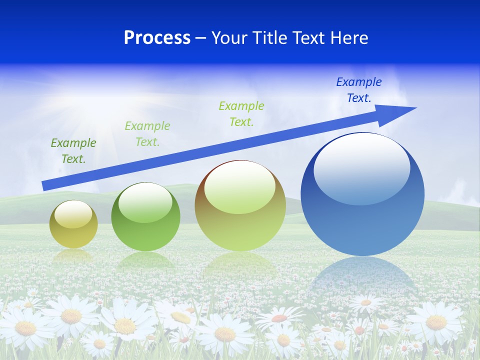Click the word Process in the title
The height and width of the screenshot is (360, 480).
(157, 38)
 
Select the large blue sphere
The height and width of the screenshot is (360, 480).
(362, 200)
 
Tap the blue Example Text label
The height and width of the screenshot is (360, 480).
(358, 90)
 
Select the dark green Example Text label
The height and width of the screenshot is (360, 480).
(73, 150)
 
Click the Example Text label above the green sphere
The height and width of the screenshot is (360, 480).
(147, 133)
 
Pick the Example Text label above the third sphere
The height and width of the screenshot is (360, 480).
(241, 113)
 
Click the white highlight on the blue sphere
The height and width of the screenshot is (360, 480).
(361, 167)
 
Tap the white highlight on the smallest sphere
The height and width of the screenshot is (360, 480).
(73, 214)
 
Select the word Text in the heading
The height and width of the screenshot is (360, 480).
(310, 38)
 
